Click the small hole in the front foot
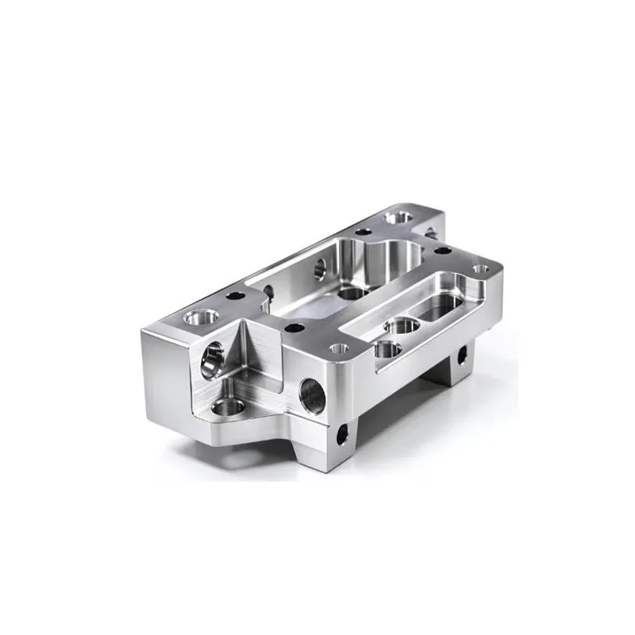click(x=343, y=433)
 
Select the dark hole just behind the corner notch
click(x=294, y=326)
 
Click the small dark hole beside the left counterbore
click(x=236, y=296)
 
